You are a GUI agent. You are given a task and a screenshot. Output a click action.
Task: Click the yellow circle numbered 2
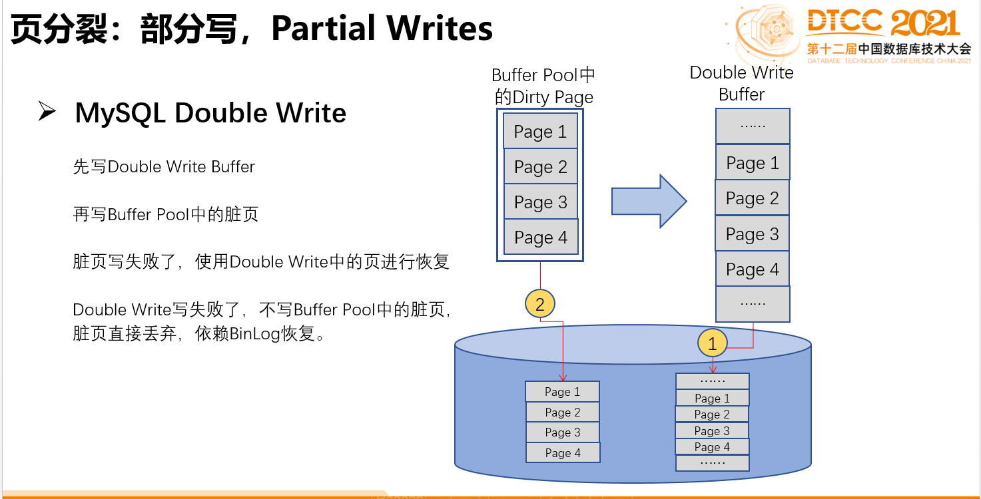click(x=540, y=305)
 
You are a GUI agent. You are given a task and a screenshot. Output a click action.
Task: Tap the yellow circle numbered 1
click(x=713, y=343)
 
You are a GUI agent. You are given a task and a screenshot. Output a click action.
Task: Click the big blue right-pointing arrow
click(x=649, y=201)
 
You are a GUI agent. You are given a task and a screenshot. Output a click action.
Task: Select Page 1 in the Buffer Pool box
click(x=540, y=132)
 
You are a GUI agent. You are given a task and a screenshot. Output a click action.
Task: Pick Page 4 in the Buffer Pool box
click(x=540, y=238)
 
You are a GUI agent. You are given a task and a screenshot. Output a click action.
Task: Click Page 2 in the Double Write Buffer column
click(x=752, y=198)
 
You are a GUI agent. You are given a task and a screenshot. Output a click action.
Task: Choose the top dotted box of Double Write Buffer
click(x=753, y=126)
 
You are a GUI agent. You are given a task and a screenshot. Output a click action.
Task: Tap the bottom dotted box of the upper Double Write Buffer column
click(x=753, y=303)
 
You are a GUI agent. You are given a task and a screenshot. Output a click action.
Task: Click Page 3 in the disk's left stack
click(x=562, y=432)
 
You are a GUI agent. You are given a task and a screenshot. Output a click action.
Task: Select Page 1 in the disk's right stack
click(x=712, y=399)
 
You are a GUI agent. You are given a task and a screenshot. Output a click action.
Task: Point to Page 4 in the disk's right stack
click(x=712, y=447)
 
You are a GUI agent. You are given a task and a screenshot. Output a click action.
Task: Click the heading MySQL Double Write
click(x=210, y=112)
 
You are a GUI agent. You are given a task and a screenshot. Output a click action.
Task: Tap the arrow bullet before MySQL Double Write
click(x=47, y=111)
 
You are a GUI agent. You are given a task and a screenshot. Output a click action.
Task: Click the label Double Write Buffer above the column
click(x=741, y=83)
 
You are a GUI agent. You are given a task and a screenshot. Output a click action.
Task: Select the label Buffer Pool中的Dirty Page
click(x=543, y=86)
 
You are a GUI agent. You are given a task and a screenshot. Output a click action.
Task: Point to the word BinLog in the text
click(x=255, y=333)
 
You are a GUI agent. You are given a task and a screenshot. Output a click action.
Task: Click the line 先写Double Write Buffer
click(x=164, y=166)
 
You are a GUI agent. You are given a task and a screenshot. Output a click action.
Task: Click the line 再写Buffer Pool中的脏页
click(x=165, y=214)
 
